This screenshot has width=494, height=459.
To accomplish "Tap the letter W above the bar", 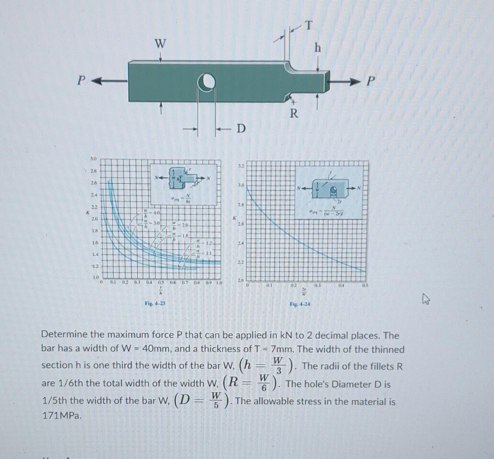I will pos(160,44).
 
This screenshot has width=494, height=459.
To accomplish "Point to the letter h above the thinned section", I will pos(317,48).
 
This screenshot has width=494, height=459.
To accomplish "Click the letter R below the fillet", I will pos(294,113).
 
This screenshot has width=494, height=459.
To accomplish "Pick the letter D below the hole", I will pos(241,128).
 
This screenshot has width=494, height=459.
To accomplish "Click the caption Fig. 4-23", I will pos(155,303).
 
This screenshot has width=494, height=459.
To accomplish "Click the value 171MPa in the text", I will pos(61,416).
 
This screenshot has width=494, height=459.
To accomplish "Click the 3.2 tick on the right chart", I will pos(240,166).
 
